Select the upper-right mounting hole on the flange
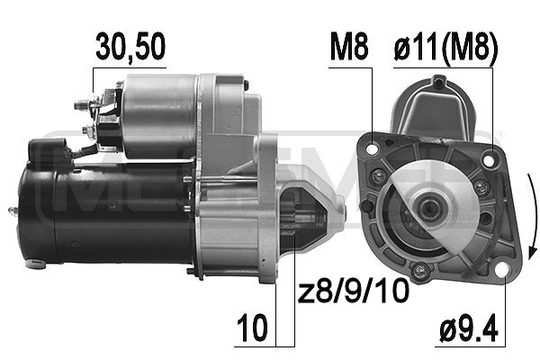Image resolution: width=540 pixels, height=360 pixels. tap(489, 161)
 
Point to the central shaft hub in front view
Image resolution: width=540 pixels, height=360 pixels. tap(429, 209)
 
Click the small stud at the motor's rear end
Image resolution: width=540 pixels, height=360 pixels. tap(13, 211)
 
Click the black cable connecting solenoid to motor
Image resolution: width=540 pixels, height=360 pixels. tap(85, 148)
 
